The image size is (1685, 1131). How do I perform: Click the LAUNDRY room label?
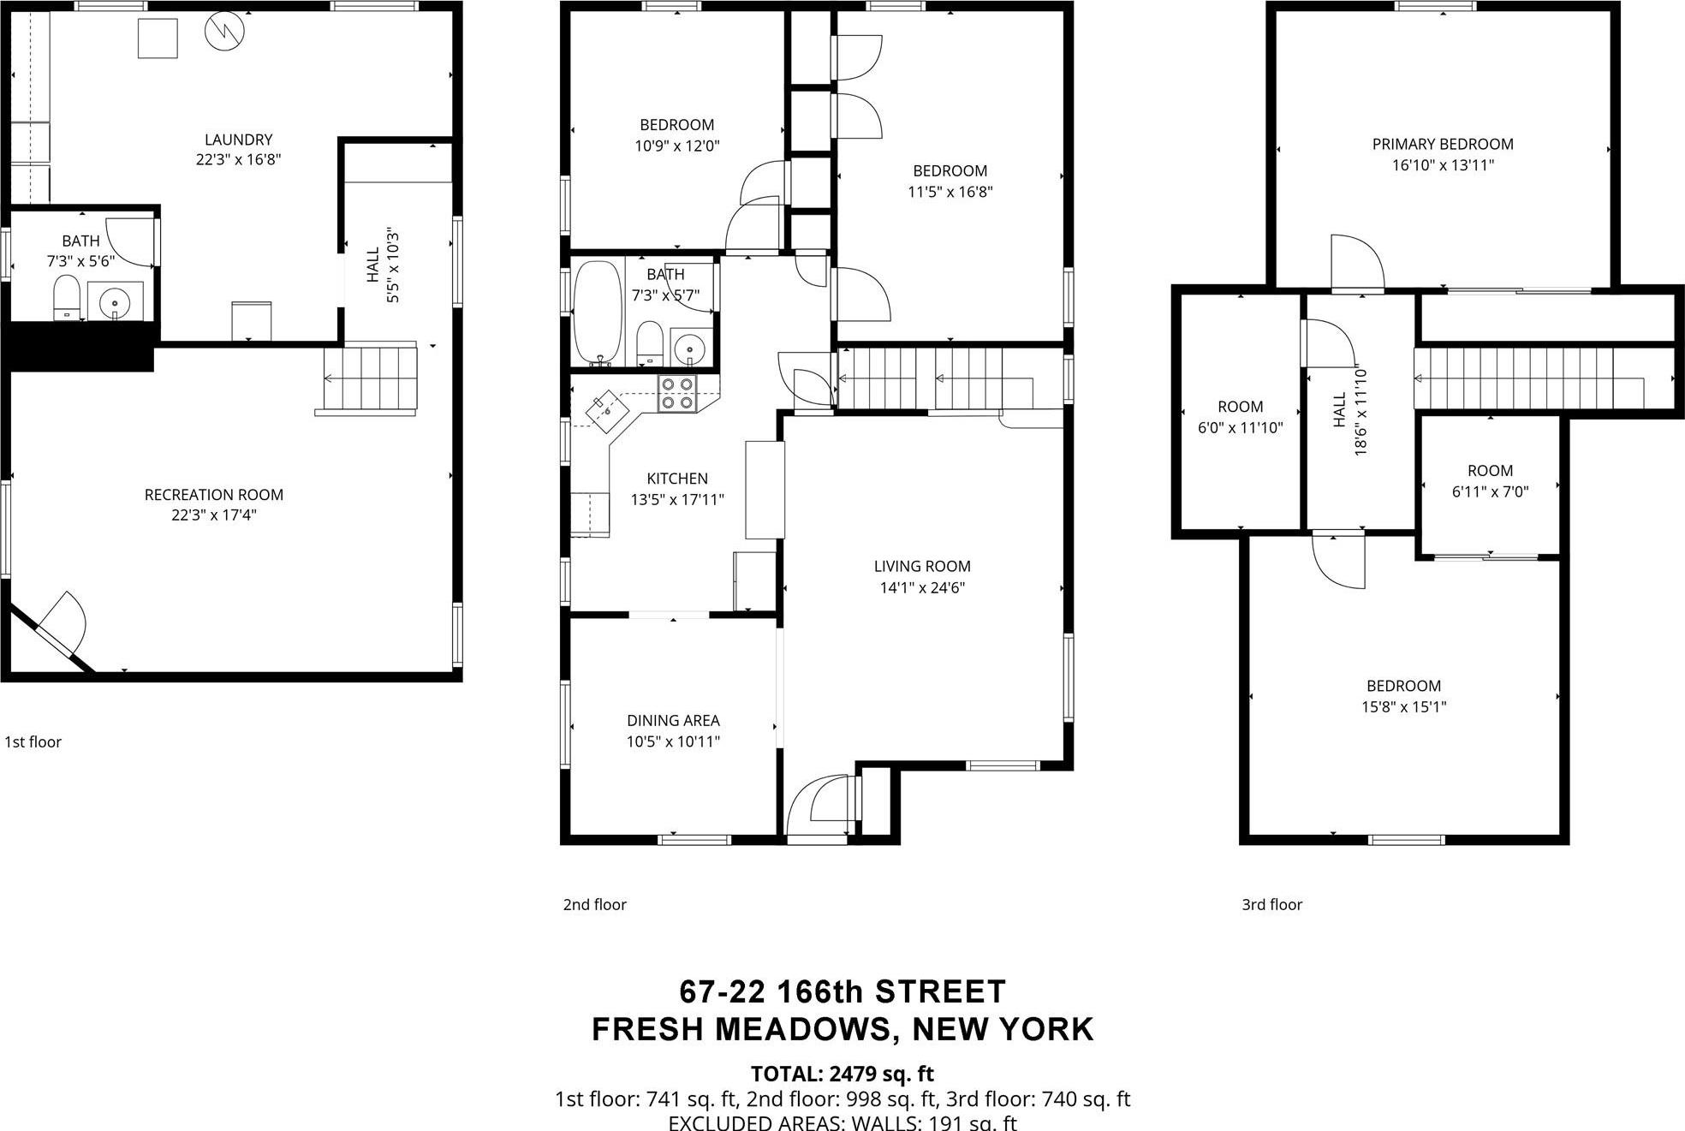[238, 140]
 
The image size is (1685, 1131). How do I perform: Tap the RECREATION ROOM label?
[213, 495]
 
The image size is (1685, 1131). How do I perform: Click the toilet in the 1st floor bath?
[66, 297]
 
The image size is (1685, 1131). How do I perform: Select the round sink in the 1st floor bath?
[114, 301]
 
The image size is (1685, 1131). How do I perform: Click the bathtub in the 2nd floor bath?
[598, 313]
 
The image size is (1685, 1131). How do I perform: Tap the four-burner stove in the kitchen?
[676, 394]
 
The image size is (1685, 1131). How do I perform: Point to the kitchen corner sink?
[607, 408]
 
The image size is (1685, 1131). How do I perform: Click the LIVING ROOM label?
[921, 566]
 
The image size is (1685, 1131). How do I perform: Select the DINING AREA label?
[673, 721]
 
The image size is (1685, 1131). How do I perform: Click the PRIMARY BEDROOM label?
[1442, 144]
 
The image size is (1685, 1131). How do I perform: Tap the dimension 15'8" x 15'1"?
[1403, 707]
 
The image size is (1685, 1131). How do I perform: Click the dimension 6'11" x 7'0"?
[1490, 492]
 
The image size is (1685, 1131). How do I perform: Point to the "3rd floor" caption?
[1271, 905]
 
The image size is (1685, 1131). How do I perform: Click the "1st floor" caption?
[33, 742]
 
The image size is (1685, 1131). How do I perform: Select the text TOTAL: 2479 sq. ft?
[842, 1074]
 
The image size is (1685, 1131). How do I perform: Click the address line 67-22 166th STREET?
[842, 991]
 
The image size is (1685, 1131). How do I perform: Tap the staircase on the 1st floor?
[370, 378]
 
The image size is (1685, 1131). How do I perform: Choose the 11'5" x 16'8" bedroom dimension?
[950, 193]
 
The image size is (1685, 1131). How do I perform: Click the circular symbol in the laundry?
[224, 32]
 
